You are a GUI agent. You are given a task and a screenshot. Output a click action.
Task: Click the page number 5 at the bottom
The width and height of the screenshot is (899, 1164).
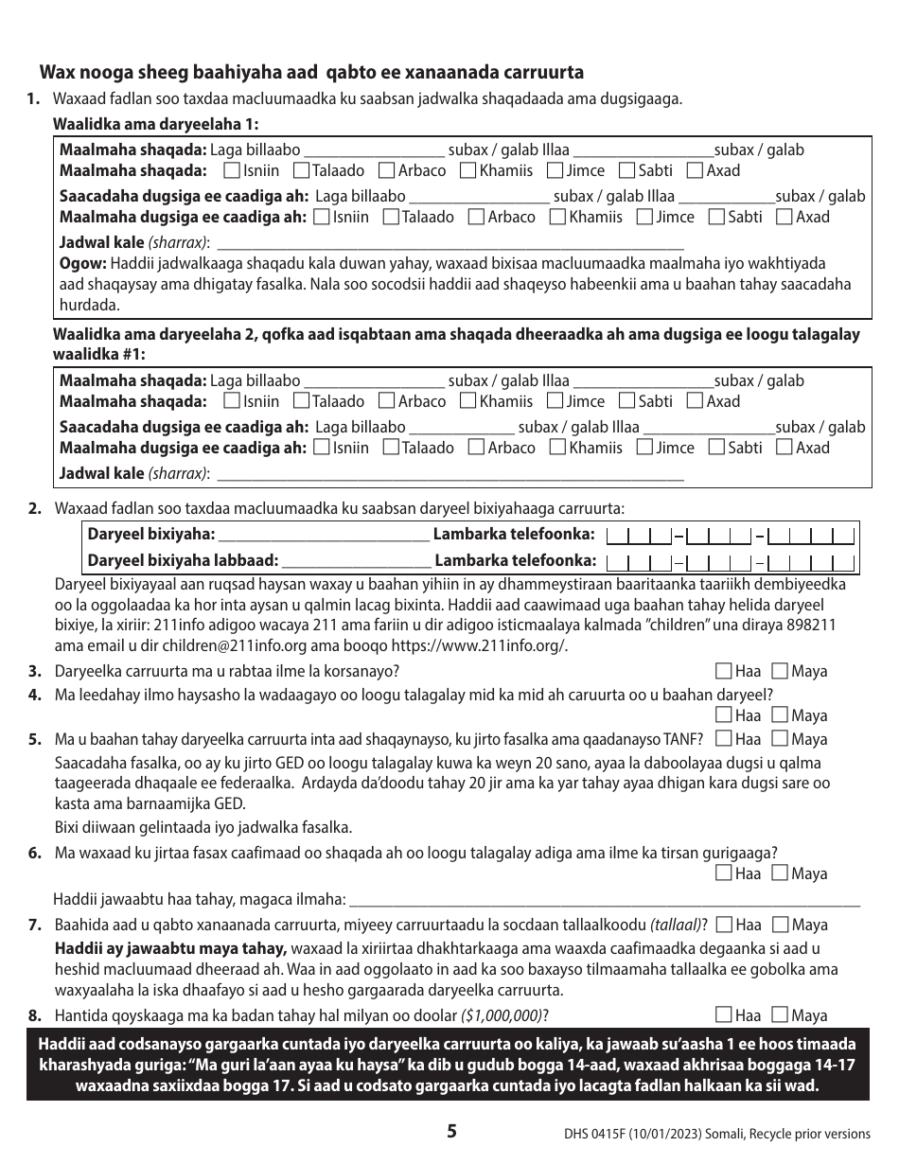451,1130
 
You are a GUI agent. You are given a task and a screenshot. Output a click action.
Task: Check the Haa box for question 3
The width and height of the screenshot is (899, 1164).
724,671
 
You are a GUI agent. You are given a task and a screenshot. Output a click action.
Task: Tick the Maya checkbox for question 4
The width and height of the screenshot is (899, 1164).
780,715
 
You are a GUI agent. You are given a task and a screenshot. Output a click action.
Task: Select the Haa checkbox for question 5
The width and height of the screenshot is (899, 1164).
724,739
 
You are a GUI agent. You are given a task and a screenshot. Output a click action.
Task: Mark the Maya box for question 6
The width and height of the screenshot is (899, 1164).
780,873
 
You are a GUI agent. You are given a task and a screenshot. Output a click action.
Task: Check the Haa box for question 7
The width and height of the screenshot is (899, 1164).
725,925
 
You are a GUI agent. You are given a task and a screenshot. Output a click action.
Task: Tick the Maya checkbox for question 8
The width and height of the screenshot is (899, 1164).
780,1015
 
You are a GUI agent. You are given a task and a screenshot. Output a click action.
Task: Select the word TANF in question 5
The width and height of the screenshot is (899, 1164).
681,739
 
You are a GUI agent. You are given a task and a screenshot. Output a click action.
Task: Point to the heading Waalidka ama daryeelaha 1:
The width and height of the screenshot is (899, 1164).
155,125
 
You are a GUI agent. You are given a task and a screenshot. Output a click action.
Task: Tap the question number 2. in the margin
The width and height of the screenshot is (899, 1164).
34,508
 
